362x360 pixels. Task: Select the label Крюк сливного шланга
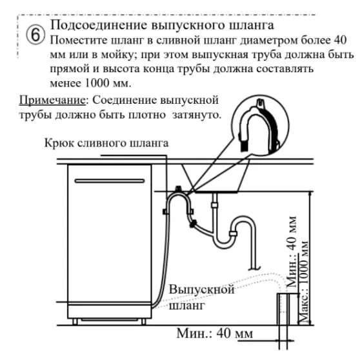click(107, 143)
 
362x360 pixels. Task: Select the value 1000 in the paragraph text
click(95, 83)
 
